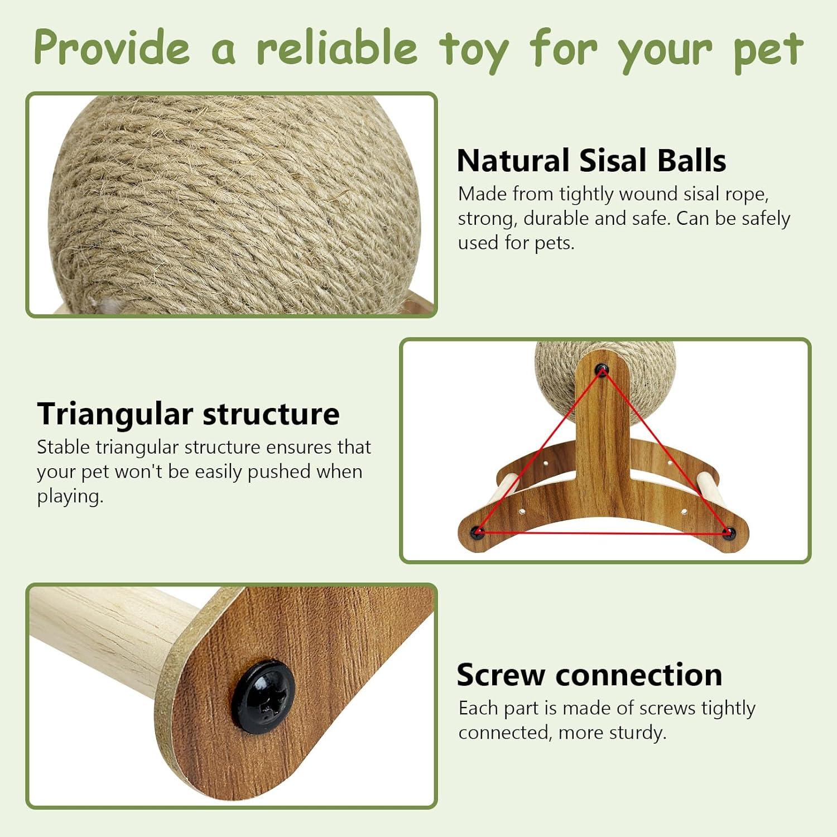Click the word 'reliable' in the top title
point(337,47)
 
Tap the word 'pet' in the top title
point(768,50)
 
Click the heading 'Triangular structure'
point(188,413)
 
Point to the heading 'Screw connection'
point(589,675)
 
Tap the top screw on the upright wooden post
point(602,369)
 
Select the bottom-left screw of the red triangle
point(477,532)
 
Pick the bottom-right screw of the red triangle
point(727,533)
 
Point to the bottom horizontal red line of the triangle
point(603,533)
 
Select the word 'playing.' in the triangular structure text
point(70,496)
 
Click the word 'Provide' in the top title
point(112,47)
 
